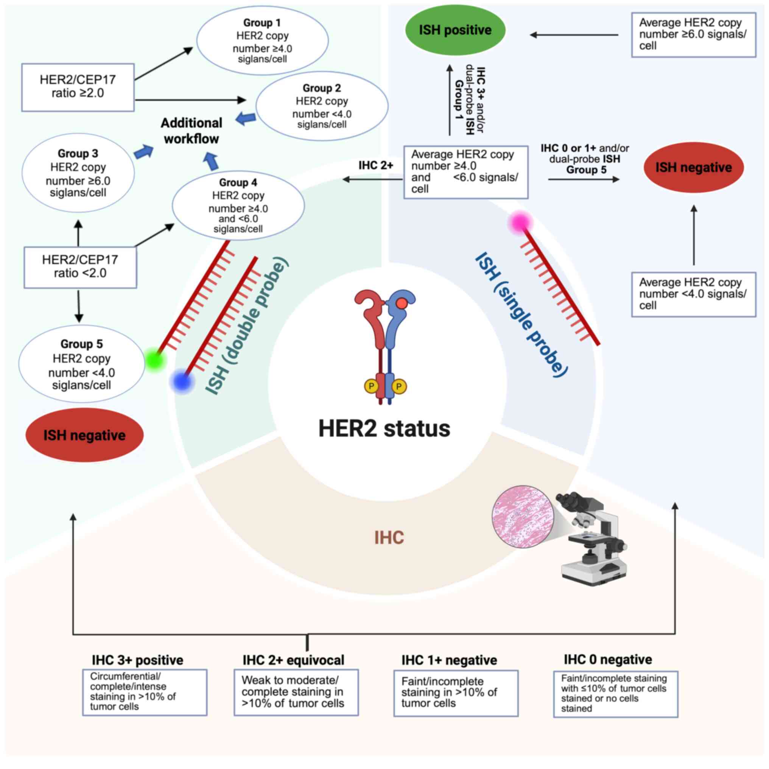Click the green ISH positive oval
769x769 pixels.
pyautogui.click(x=455, y=30)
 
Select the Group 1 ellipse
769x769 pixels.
pyautogui.click(x=262, y=40)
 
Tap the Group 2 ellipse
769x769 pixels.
pyautogui.click(x=322, y=106)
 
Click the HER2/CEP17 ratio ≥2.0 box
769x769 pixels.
pyautogui.click(x=78, y=87)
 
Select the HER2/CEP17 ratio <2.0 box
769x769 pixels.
pyautogui.click(x=80, y=267)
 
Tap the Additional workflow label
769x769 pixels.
pyautogui.click(x=191, y=131)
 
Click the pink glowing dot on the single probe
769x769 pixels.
pyautogui.click(x=520, y=223)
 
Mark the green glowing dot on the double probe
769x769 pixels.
pyautogui.click(x=154, y=360)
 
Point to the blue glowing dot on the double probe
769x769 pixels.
pyautogui.click(x=182, y=381)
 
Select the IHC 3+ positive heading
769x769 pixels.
pyautogui.click(x=137, y=660)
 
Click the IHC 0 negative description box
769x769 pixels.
pyautogui.click(x=615, y=694)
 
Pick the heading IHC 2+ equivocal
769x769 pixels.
pyautogui.click(x=293, y=660)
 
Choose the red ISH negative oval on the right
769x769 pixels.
pyautogui.click(x=693, y=168)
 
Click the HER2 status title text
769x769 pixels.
pyautogui.click(x=384, y=428)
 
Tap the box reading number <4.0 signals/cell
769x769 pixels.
pyautogui.click(x=693, y=294)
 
